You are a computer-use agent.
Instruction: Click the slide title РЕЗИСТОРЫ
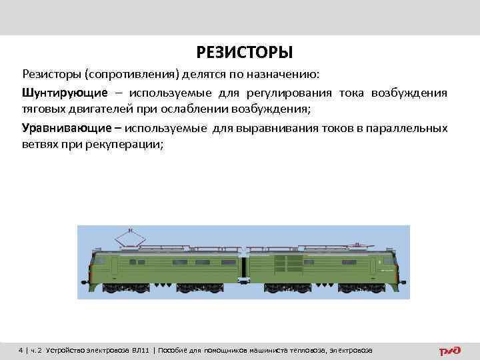(x=244, y=52)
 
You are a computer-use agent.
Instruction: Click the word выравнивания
(x=251, y=127)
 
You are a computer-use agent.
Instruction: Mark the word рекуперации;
(x=123, y=144)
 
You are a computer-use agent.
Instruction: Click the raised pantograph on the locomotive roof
(x=131, y=235)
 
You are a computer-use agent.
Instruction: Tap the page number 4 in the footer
(x=21, y=350)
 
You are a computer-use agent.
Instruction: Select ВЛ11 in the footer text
(x=139, y=350)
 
